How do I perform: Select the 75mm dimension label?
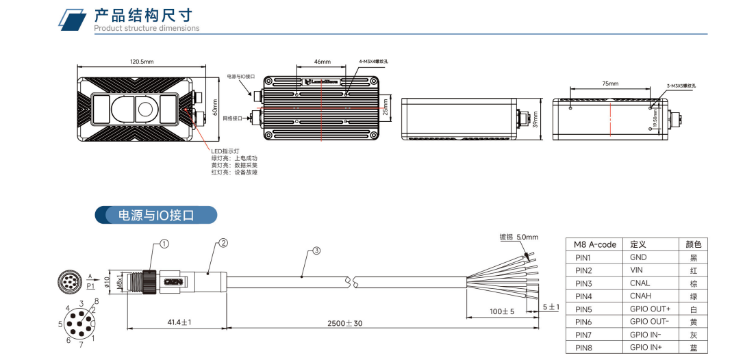(x=610, y=83)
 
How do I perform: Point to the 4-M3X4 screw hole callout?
(x=373, y=61)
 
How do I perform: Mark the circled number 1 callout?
(x=164, y=243)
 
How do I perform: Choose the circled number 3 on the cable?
(x=316, y=250)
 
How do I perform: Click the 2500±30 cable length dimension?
(x=345, y=322)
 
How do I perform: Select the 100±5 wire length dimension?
(x=501, y=312)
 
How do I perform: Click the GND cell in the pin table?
(x=638, y=258)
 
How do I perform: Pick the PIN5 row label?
(x=583, y=309)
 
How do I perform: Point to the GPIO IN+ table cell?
(x=646, y=348)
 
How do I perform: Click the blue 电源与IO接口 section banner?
(x=155, y=216)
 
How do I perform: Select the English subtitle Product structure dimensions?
(x=147, y=29)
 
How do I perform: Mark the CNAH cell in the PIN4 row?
(x=640, y=296)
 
